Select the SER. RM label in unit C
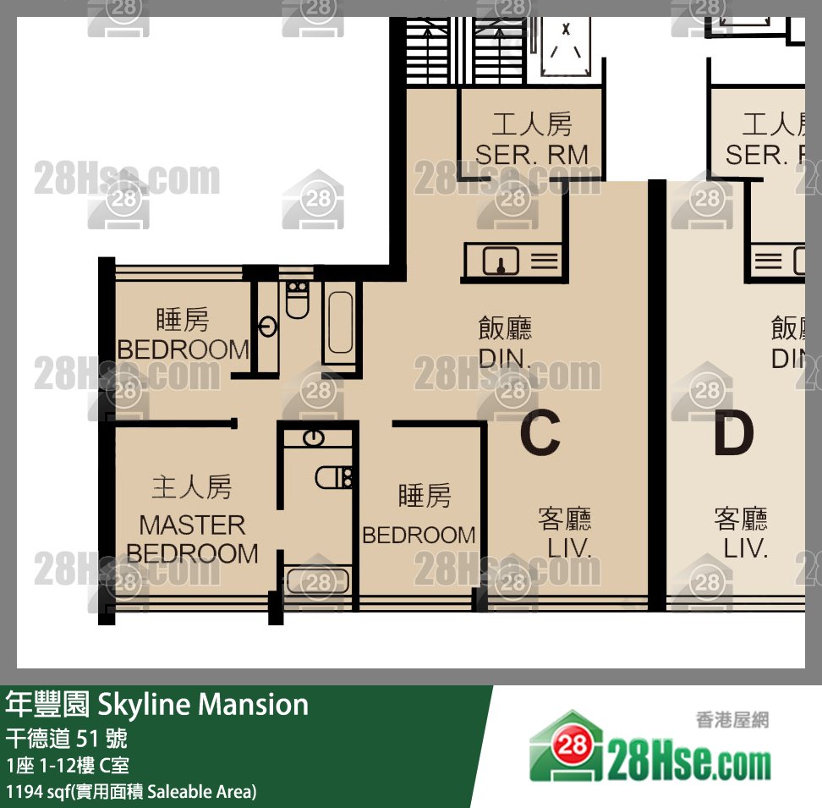[x=531, y=155]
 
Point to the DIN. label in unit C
[x=505, y=359]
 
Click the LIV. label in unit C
[x=568, y=547]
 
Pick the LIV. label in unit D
[x=745, y=547]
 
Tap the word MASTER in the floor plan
[x=192, y=525]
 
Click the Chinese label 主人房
[x=191, y=487]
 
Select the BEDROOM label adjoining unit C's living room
[x=419, y=535]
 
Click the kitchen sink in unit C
[x=501, y=262]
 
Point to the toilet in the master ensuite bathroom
[x=334, y=478]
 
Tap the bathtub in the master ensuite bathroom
[x=317, y=581]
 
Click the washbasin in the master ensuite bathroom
[x=314, y=437]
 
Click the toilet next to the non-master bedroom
[x=297, y=300]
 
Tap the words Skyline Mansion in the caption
[x=203, y=704]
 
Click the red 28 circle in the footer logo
[x=573, y=745]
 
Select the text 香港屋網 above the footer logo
[x=732, y=720]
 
